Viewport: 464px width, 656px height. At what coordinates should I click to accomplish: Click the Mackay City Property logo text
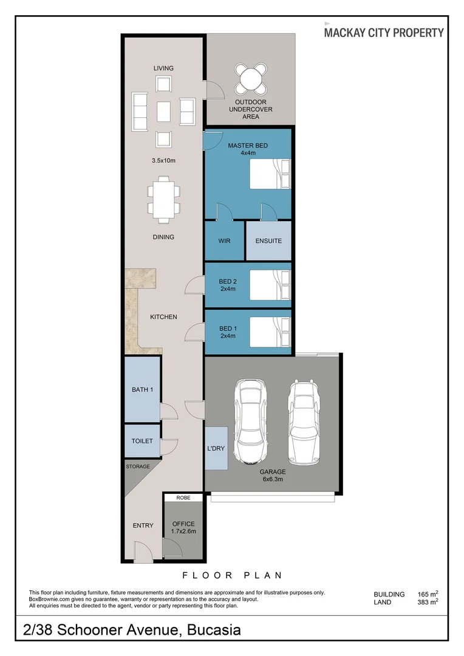(383, 33)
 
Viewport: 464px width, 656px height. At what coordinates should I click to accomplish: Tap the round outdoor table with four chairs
(251, 78)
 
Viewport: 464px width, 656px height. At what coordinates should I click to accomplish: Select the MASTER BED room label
(247, 146)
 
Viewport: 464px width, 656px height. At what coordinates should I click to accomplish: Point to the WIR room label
(224, 241)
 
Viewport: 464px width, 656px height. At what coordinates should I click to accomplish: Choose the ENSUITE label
(268, 241)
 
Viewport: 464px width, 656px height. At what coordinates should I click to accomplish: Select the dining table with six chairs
(163, 199)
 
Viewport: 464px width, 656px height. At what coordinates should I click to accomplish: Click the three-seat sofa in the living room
(140, 112)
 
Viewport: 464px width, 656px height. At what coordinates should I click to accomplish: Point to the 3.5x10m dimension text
(163, 161)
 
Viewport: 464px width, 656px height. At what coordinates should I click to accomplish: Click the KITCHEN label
(163, 317)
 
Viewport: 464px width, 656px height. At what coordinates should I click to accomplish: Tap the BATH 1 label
(142, 389)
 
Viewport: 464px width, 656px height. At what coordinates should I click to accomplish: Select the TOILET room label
(142, 442)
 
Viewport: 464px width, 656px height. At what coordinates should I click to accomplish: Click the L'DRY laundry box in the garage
(216, 448)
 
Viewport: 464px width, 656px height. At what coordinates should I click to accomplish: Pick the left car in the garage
(251, 421)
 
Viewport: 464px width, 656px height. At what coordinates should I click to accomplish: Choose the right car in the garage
(304, 421)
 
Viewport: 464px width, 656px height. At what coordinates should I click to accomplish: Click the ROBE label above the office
(183, 498)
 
